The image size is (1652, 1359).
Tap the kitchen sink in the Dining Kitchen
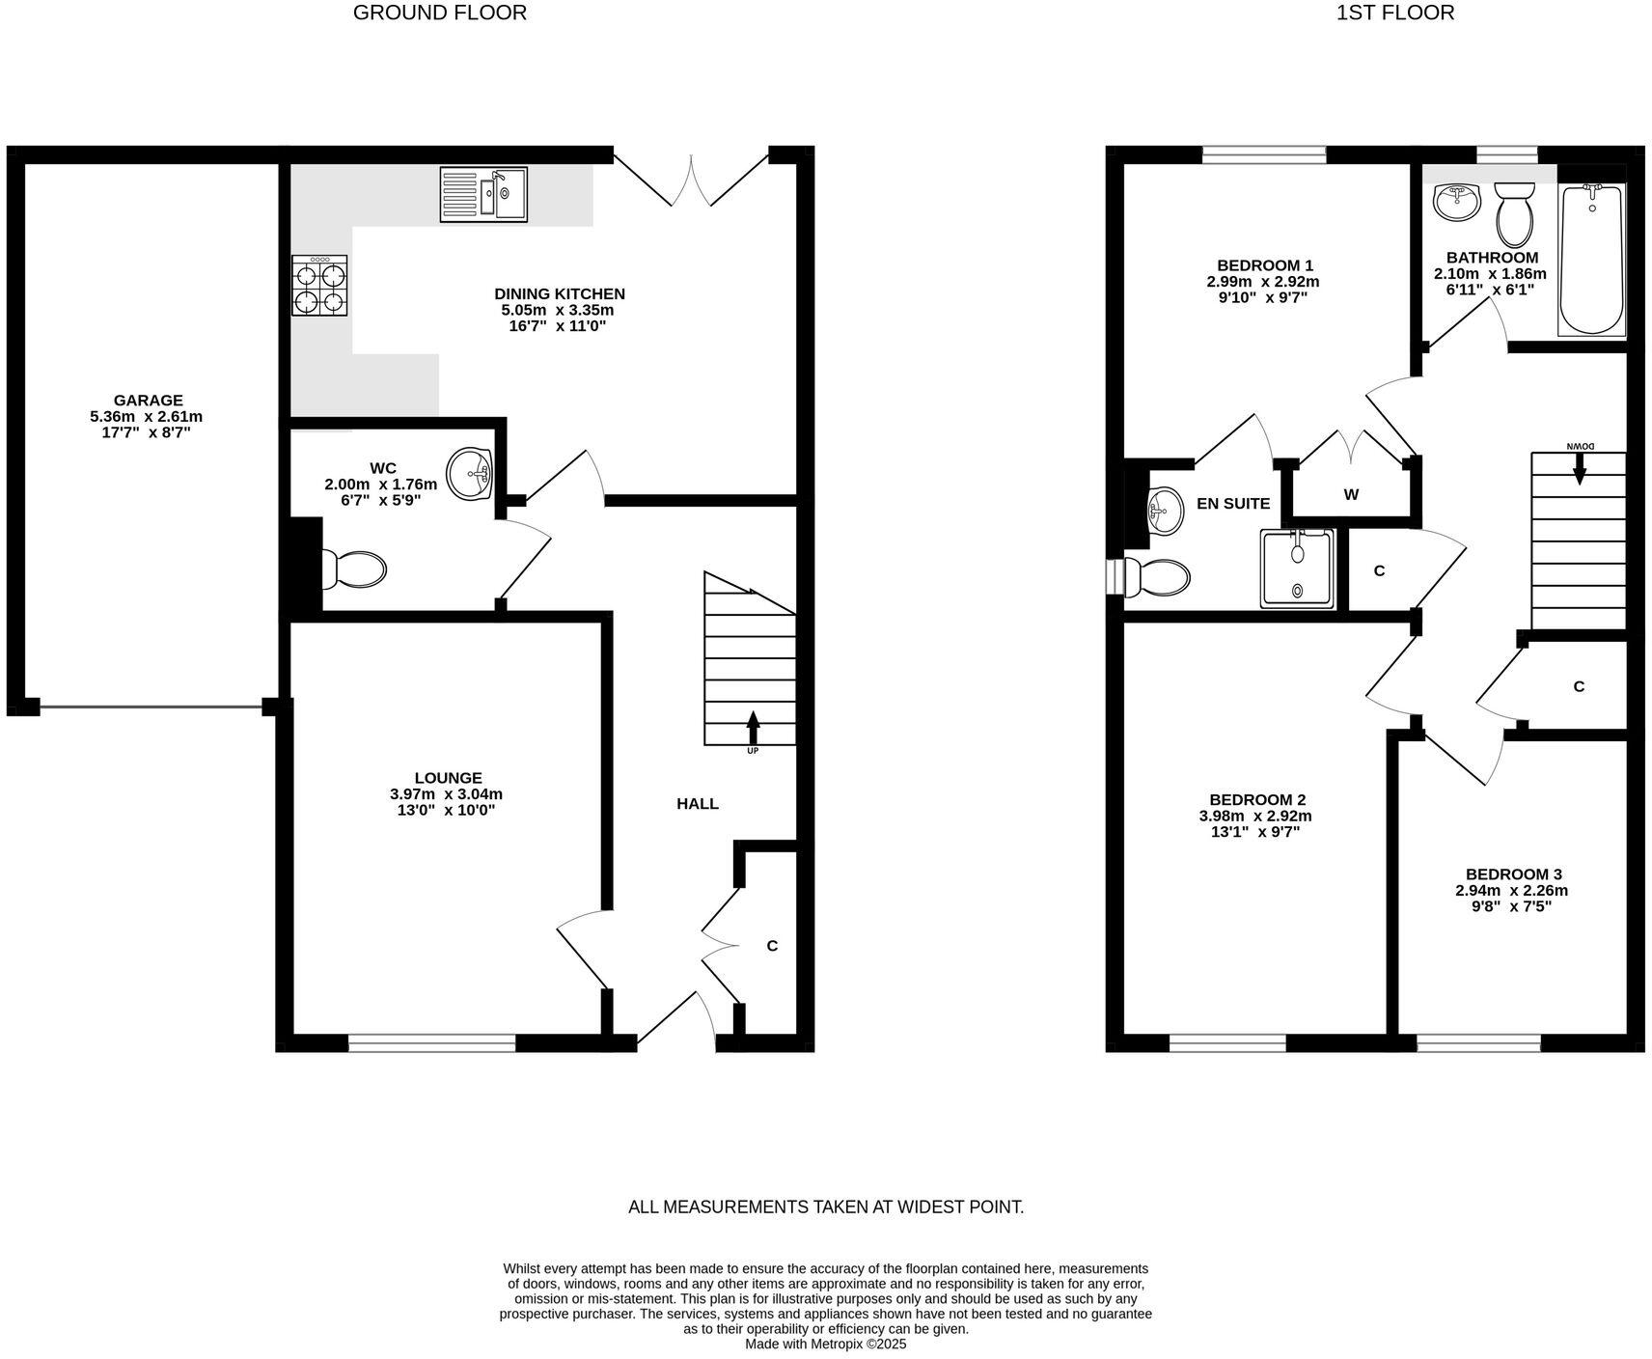(483, 194)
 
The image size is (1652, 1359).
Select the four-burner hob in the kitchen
(319, 286)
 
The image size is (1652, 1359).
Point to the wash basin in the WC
(473, 474)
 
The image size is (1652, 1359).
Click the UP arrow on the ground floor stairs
(753, 726)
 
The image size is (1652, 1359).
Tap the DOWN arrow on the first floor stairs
(1580, 469)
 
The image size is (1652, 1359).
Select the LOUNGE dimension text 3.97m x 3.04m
(446, 794)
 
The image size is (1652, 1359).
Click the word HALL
(697, 803)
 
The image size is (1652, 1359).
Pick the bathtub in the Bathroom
(1591, 259)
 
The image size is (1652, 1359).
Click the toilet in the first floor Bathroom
(1514, 214)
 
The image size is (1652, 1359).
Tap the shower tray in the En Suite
(1297, 569)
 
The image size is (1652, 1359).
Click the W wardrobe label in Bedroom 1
(1351, 494)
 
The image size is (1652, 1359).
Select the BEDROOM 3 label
(1511, 874)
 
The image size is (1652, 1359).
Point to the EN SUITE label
(1232, 503)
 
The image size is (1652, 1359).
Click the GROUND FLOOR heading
(440, 13)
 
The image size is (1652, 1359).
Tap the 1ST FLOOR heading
(1394, 13)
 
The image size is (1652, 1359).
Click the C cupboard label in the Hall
(772, 946)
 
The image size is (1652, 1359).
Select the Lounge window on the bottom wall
(431, 1042)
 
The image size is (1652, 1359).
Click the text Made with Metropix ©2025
(825, 1344)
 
